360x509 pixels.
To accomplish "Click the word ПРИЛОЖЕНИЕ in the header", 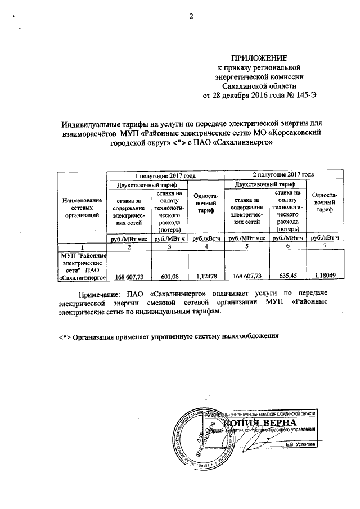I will (x=260, y=58).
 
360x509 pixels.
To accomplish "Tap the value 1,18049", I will (x=325, y=277).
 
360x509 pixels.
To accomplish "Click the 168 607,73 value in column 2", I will (x=130, y=277).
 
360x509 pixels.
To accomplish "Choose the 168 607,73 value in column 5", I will (x=247, y=277).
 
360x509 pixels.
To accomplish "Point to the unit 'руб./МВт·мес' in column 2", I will (x=130, y=238).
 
